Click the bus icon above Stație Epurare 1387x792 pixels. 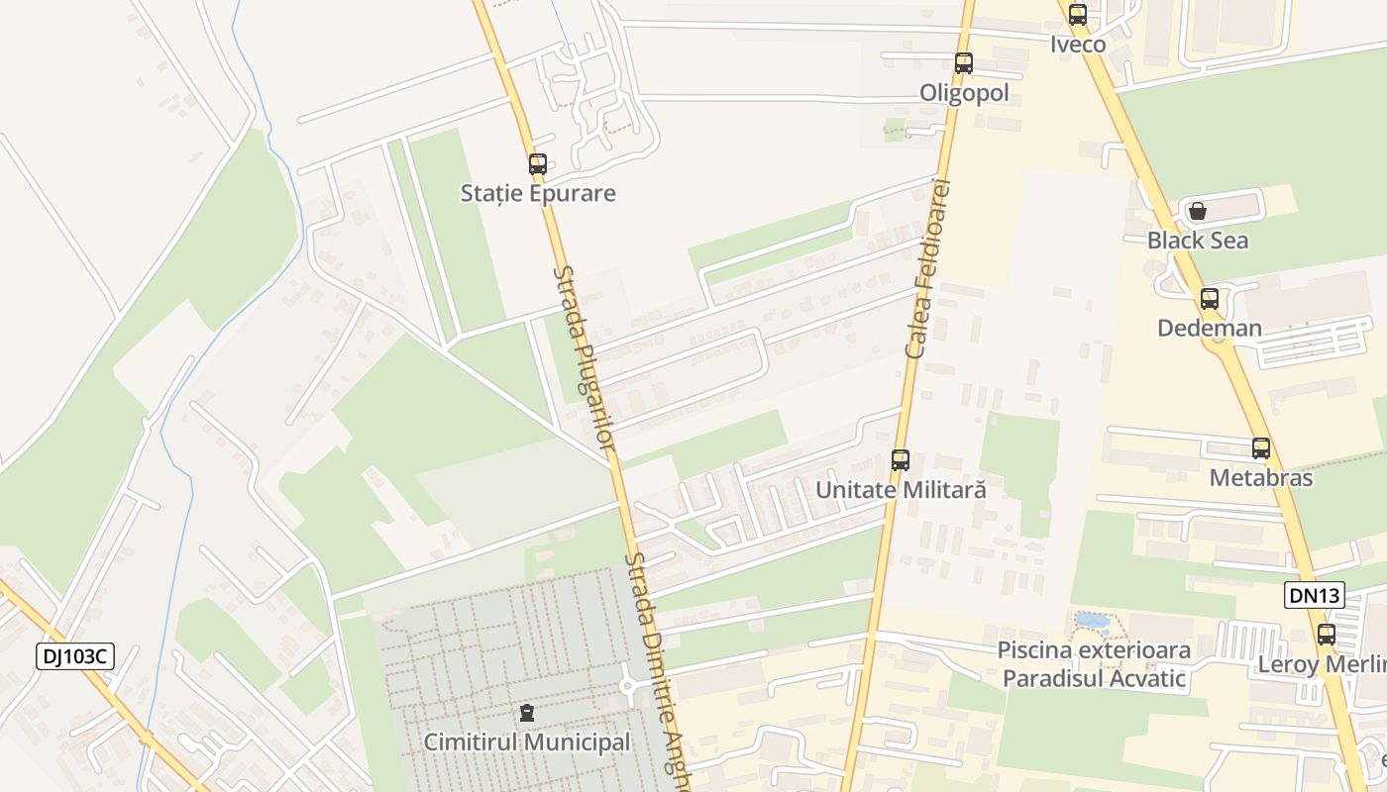[538, 164]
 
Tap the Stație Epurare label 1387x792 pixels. [538, 193]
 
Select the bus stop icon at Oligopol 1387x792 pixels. [964, 63]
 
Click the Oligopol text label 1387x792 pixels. [964, 93]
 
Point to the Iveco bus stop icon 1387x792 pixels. [1078, 15]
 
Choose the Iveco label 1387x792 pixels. [1078, 45]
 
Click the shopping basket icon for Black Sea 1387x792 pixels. [1197, 211]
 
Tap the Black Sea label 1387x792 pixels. [1197, 241]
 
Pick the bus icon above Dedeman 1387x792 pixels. [1210, 299]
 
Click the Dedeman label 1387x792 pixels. [1210, 328]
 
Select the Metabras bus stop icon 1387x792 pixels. [1261, 448]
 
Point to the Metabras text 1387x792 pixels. [1261, 478]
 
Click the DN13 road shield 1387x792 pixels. [1315, 595]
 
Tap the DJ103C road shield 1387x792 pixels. [75, 655]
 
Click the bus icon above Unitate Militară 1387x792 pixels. [901, 460]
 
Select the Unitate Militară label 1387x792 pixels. [901, 490]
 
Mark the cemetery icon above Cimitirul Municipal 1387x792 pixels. [526, 713]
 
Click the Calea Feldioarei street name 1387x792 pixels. [928, 268]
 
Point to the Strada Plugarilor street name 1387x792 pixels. [585, 356]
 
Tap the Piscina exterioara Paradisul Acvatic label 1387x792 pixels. [1094, 664]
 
